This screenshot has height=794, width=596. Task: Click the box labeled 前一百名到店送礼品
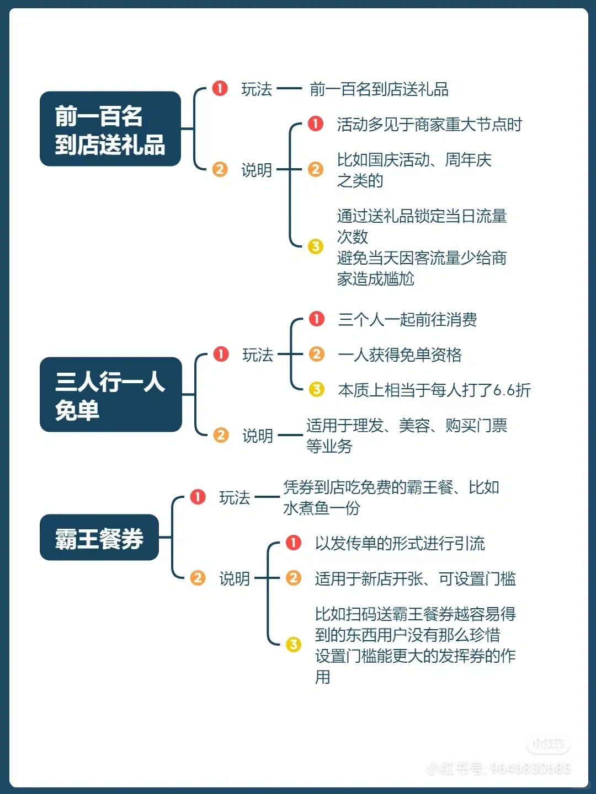point(110,129)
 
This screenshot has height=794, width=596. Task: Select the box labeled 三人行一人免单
point(110,395)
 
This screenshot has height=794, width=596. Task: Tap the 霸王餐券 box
point(99,538)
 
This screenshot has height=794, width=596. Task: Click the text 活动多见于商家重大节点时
point(429,125)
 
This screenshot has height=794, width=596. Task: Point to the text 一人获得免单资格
point(400,355)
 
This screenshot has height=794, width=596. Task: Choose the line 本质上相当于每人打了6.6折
point(434,390)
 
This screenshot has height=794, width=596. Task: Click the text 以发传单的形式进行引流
point(400,544)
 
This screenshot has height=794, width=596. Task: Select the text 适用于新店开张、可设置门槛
point(415,579)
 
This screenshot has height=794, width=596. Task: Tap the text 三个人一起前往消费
point(408,320)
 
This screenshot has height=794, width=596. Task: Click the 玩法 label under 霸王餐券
point(235,498)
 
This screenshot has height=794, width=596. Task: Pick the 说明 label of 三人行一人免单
point(258,436)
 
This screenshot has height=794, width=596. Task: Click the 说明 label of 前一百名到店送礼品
point(257,170)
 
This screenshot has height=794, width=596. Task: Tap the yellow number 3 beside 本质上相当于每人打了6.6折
point(317,389)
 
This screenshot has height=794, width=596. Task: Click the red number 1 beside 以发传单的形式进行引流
point(294,543)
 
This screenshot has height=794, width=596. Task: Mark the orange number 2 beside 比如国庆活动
point(316,169)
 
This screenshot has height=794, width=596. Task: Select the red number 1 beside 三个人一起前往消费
point(317,319)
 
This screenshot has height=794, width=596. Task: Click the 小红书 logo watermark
point(548,744)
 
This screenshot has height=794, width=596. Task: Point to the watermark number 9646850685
point(530,768)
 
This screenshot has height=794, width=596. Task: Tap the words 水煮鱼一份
point(321,508)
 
